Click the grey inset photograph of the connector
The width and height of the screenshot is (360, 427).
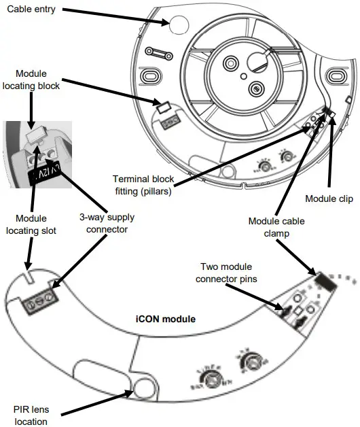tap(37, 154)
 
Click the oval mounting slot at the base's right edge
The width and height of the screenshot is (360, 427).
tap(336, 73)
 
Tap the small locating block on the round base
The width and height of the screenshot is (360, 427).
tap(163, 106)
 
